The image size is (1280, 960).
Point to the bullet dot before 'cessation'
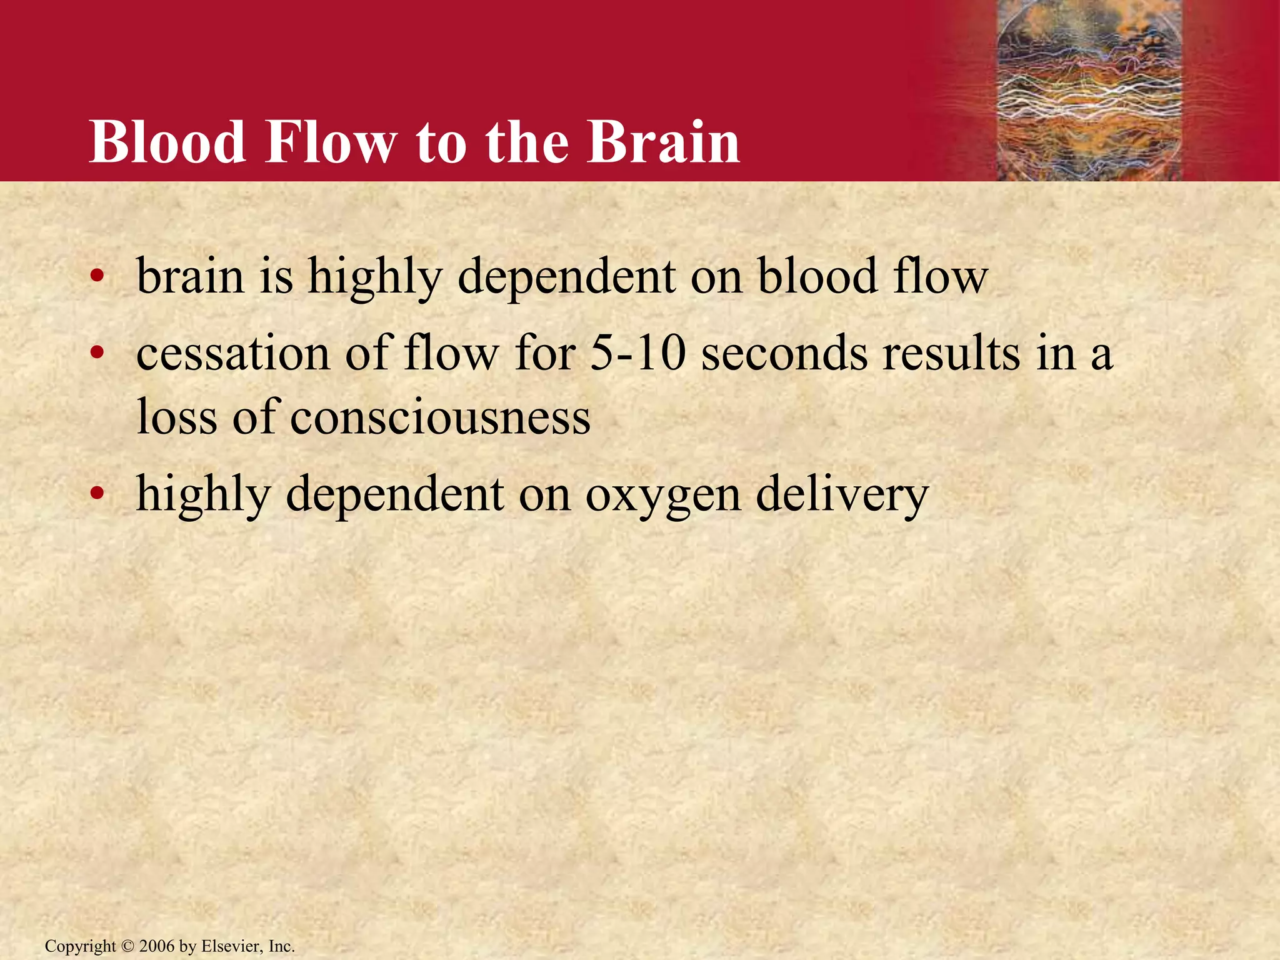(x=96, y=354)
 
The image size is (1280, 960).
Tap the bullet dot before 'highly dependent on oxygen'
(x=96, y=494)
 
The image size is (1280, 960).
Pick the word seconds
(x=784, y=353)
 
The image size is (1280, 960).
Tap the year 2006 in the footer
(x=157, y=946)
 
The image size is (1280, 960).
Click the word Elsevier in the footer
(x=231, y=946)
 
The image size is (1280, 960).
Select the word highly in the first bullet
(x=374, y=277)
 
